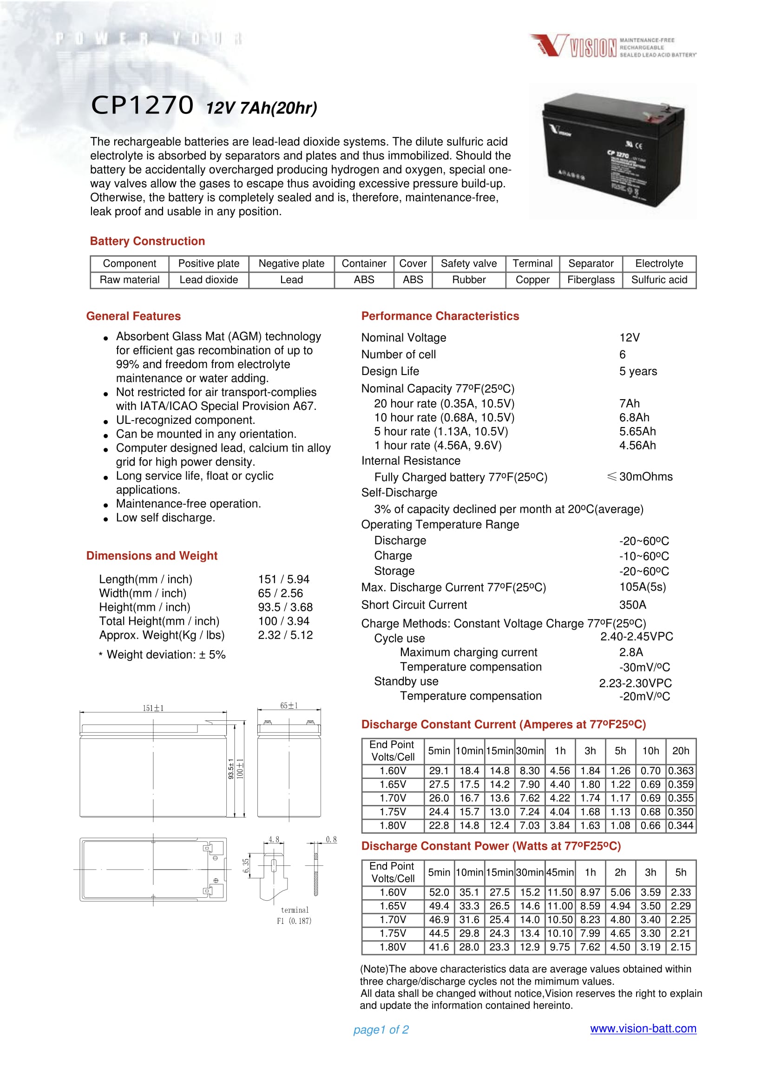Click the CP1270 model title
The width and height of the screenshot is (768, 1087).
[x=142, y=105]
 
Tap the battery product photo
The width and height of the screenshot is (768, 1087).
[x=613, y=151]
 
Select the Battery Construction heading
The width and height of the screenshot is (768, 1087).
[x=147, y=241]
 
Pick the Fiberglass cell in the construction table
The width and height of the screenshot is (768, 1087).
[x=591, y=280]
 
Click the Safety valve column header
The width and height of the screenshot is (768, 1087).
[x=468, y=264]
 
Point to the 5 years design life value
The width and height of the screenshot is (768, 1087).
[x=638, y=371]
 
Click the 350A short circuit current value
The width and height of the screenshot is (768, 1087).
[x=632, y=605]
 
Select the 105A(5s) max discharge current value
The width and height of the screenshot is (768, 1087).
[x=642, y=587]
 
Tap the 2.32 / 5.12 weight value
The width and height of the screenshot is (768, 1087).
[x=285, y=635]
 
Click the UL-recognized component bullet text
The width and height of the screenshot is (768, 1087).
[x=185, y=420]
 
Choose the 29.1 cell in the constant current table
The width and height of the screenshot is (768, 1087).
[x=439, y=771]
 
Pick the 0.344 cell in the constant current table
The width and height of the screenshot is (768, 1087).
[x=681, y=825]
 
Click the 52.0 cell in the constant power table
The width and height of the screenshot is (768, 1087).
[x=439, y=892]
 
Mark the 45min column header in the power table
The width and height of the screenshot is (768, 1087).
[x=560, y=872]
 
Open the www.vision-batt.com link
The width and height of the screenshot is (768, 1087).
[x=643, y=1028]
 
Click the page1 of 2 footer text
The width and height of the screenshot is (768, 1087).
[x=381, y=1030]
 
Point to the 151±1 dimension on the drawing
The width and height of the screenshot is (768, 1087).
[x=153, y=708]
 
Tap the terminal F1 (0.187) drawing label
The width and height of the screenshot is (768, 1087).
[x=294, y=915]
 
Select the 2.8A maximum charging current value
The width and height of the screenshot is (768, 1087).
[x=631, y=652]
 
